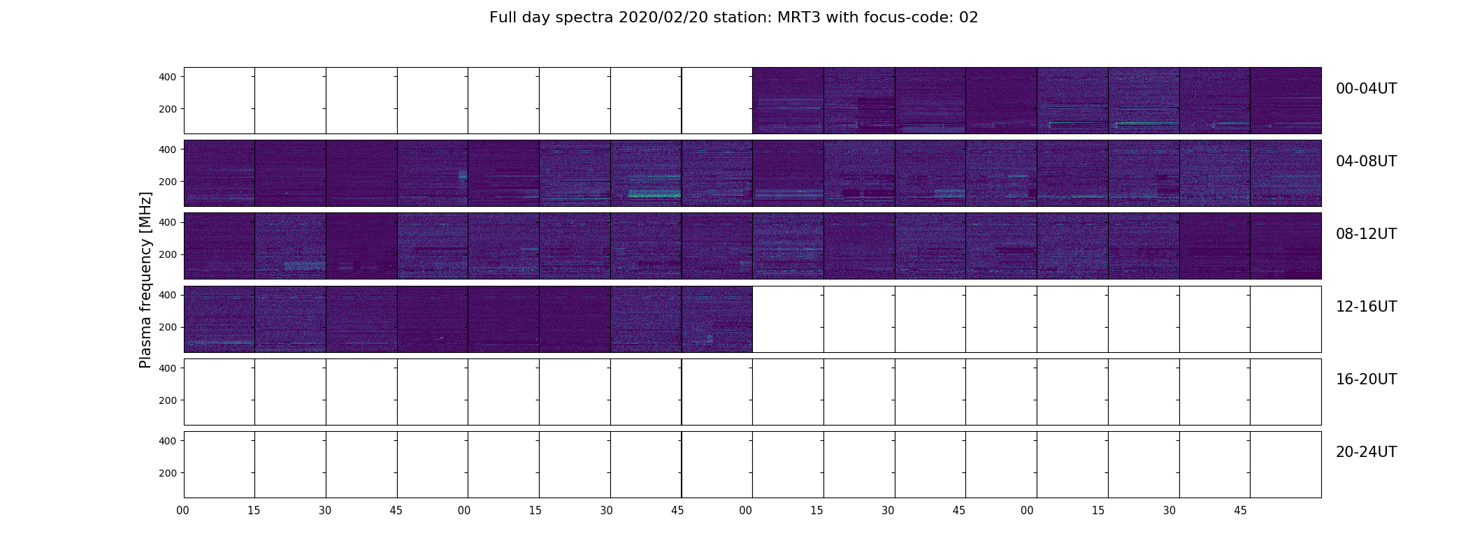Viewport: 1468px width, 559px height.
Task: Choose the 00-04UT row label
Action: pos(1366,89)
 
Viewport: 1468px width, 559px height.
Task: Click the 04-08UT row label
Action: pos(1366,161)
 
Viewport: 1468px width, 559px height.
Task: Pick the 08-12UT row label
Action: pos(1366,234)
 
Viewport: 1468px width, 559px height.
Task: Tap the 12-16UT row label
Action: pos(1366,307)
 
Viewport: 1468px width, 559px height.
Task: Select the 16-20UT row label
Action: pos(1366,379)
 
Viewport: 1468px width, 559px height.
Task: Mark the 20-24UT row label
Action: pos(1366,452)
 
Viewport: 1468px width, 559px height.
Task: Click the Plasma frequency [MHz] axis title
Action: pos(145,279)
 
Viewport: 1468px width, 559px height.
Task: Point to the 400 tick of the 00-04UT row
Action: pos(168,77)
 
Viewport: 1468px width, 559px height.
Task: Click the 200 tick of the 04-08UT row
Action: pos(168,182)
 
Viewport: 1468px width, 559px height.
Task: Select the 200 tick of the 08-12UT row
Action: pos(168,254)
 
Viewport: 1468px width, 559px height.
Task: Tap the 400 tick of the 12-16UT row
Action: pos(168,295)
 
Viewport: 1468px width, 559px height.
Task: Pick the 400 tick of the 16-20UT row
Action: pos(168,368)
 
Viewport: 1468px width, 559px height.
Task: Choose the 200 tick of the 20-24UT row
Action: pos(168,473)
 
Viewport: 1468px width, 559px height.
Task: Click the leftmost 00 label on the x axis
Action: pos(182,511)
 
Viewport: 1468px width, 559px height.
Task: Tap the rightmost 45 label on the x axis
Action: pos(1240,511)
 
